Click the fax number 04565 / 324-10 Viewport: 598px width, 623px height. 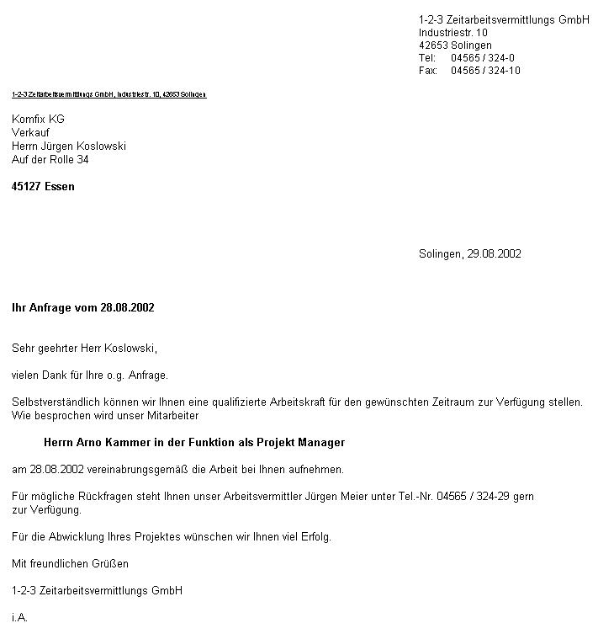(x=485, y=71)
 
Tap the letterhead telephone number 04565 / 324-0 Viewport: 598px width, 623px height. (x=483, y=58)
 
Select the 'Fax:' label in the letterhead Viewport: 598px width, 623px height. (x=428, y=71)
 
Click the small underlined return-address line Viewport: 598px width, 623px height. (x=108, y=94)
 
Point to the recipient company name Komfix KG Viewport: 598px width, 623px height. (x=38, y=120)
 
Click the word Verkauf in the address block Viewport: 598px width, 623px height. (x=30, y=133)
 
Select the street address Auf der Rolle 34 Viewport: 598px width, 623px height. (x=50, y=160)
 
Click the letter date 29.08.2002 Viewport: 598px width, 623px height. (x=494, y=254)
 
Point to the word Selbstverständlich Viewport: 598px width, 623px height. (x=54, y=402)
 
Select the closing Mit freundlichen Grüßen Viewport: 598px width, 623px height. (x=71, y=564)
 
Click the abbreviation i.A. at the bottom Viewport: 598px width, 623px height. (x=20, y=618)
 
